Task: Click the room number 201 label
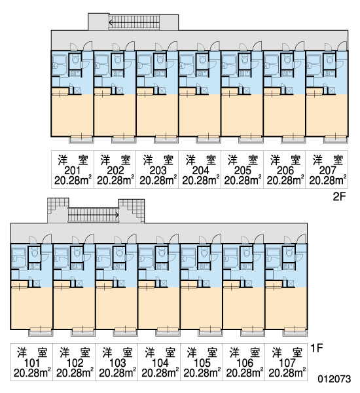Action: pyautogui.click(x=73, y=170)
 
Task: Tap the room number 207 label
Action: pyautogui.click(x=327, y=170)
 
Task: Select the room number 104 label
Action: pyautogui.click(x=160, y=363)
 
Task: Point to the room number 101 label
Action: pyautogui.click(x=32, y=363)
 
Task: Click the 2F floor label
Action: pyautogui.click(x=339, y=196)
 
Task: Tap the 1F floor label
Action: pyautogui.click(x=317, y=348)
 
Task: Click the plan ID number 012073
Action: pyautogui.click(x=334, y=379)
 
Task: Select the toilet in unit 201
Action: pyautogui.click(x=75, y=60)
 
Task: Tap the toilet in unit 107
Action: pyautogui.click(x=289, y=252)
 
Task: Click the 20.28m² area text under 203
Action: pyautogui.click(x=158, y=181)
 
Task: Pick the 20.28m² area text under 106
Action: pyautogui.click(x=245, y=373)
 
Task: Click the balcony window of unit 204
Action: pyautogui.click(x=208, y=138)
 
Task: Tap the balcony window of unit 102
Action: pyautogui.click(x=83, y=331)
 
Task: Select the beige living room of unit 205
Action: pyautogui.click(x=242, y=115)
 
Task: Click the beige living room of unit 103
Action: pyautogui.click(x=117, y=308)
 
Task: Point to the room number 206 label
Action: pyautogui.click(x=285, y=170)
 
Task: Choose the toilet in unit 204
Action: pyautogui.click(x=202, y=60)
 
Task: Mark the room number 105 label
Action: pyautogui.click(x=202, y=363)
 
